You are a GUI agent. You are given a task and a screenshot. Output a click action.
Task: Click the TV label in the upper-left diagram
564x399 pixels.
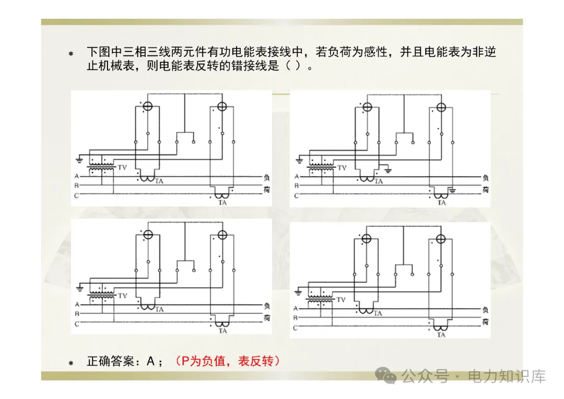(x=123, y=167)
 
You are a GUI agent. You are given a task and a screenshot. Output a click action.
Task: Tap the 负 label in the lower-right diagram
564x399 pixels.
(x=486, y=310)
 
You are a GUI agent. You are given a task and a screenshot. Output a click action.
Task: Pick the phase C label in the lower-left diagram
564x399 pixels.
(x=76, y=324)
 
